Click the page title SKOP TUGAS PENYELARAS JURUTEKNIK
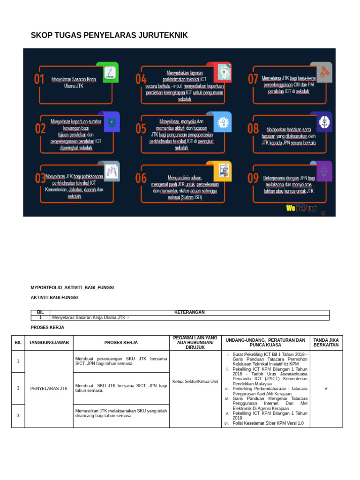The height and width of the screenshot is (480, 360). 109,35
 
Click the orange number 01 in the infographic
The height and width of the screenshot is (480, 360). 39,80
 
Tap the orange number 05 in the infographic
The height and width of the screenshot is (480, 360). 141,128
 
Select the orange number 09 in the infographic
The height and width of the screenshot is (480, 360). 253,178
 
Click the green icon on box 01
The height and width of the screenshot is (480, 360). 108,72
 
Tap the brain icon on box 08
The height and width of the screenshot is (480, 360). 324,122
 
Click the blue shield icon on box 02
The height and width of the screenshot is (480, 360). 111,122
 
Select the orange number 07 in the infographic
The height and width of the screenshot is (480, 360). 253,79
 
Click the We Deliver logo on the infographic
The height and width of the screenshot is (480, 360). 301,208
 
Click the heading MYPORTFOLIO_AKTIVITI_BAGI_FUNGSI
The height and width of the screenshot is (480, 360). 72,287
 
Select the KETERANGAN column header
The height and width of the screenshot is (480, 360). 189,312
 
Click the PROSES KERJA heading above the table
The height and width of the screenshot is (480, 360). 47,327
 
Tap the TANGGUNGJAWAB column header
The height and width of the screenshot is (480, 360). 49,343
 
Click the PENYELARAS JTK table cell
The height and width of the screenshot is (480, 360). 49,389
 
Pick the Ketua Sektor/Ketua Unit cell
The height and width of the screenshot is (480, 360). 195,382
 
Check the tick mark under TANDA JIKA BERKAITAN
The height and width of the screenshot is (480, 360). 326,389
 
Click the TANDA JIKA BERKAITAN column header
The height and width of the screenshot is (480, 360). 326,343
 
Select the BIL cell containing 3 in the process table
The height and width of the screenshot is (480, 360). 18,416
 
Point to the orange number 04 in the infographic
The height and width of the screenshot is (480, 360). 141,79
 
